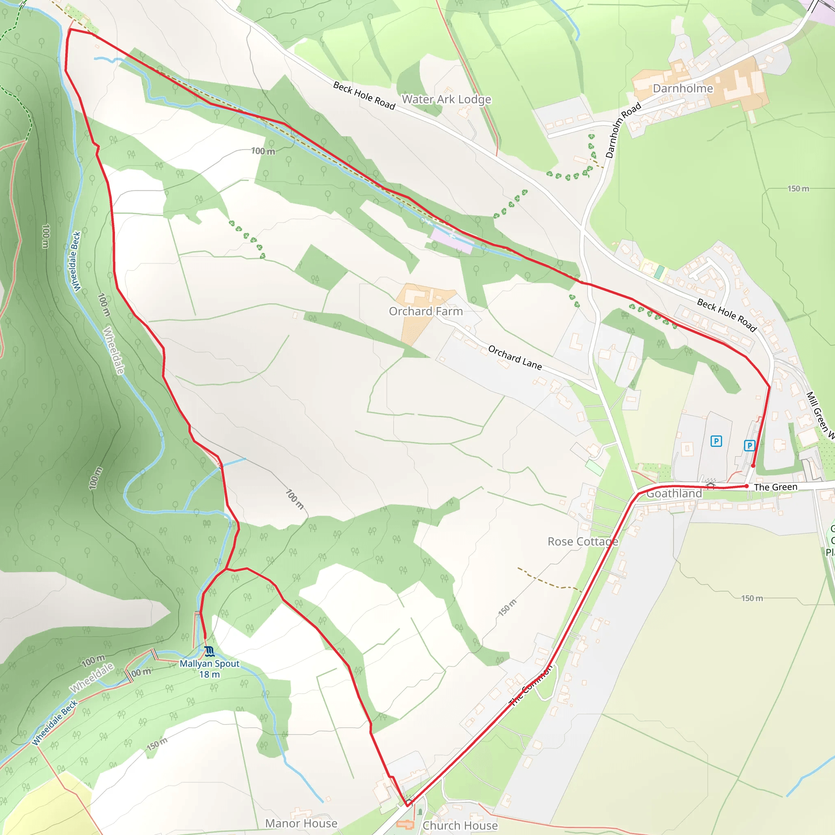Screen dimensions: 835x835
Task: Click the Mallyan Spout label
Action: [x=210, y=663]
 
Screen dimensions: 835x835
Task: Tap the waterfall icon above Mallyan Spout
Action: [x=210, y=651]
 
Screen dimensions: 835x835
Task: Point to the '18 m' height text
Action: [x=210, y=674]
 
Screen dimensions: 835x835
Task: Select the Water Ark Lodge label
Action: [x=446, y=99]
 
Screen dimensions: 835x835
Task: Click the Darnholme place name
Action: [x=683, y=88]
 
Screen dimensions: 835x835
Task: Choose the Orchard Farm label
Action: [x=426, y=311]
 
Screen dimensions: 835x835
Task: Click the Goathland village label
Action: [x=674, y=493]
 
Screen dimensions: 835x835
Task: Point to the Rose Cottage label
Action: [x=583, y=541]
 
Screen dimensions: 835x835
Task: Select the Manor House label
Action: [x=301, y=823]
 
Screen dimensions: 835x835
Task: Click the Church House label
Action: [x=460, y=826]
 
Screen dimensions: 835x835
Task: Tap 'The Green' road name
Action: [x=776, y=487]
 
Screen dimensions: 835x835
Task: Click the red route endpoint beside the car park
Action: [x=753, y=466]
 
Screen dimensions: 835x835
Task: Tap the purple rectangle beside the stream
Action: [x=452, y=240]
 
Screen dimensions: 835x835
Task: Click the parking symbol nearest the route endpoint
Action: [x=749, y=446]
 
